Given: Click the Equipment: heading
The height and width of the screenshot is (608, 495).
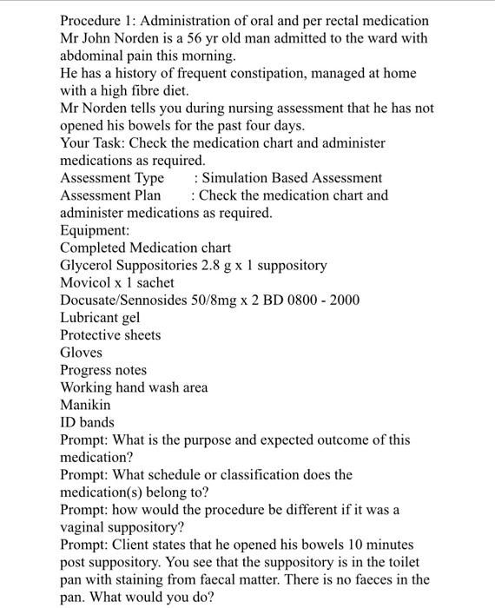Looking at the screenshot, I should pyautogui.click(x=95, y=230).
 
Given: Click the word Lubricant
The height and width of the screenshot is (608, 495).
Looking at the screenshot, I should pyautogui.click(x=89, y=318).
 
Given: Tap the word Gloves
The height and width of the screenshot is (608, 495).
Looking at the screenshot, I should pyautogui.click(x=81, y=353).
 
